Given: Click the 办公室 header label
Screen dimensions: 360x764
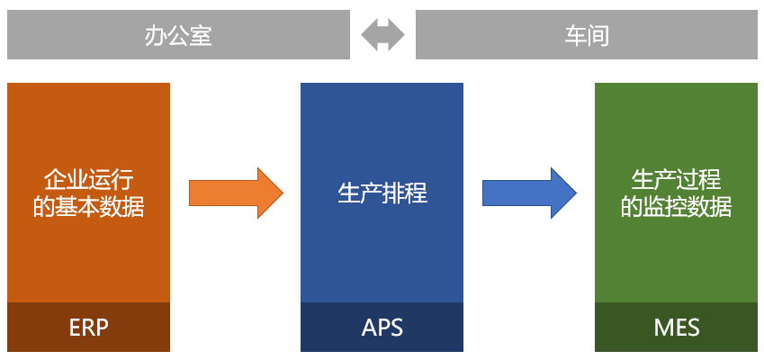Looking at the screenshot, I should (178, 35).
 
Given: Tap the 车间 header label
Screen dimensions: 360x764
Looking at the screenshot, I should (587, 35).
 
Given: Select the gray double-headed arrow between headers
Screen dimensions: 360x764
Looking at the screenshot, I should (382, 35).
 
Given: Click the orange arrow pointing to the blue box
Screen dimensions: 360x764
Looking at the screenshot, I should (236, 193).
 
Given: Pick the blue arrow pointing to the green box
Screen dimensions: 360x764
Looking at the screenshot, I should (529, 193).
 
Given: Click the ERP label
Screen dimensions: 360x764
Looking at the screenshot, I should (88, 327).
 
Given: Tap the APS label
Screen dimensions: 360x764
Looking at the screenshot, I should (382, 327).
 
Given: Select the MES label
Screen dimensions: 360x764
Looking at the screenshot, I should (676, 327).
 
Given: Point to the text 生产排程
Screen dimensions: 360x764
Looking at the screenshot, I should (382, 193).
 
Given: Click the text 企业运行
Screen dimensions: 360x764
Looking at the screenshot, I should (89, 178).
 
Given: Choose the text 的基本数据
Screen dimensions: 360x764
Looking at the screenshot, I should (89, 207).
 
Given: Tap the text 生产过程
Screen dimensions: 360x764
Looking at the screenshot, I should (676, 178).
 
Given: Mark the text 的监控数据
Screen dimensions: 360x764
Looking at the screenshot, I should (676, 207).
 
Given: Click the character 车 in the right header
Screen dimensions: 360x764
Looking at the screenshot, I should (575, 35).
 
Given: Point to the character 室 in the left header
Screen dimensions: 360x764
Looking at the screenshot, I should (201, 35).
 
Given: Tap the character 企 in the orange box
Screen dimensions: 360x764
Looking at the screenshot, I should (56, 178).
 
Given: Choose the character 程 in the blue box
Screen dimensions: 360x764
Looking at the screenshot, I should (415, 193).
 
